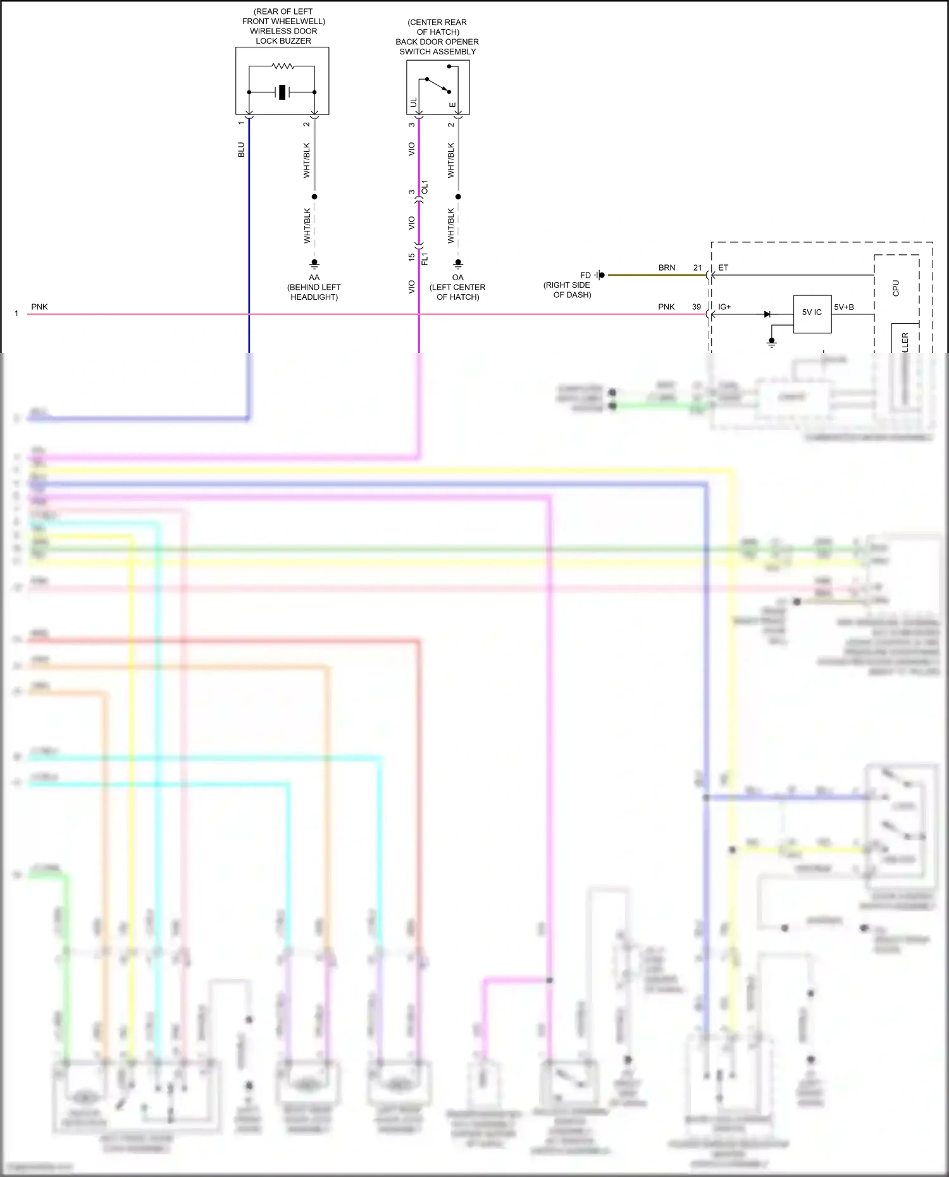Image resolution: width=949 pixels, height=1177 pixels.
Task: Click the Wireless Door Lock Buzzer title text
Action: (x=283, y=26)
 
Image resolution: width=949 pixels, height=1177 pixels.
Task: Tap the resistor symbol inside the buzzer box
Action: (x=282, y=66)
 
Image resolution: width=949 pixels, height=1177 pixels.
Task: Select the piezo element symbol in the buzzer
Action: (x=282, y=92)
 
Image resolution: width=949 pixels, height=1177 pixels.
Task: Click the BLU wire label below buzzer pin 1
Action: (x=241, y=150)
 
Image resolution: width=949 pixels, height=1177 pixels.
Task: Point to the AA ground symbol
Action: (x=314, y=264)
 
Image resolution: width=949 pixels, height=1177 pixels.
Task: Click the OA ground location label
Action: (x=457, y=287)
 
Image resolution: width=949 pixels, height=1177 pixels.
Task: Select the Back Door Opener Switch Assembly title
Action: (x=437, y=37)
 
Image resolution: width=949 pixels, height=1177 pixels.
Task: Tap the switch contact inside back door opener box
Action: (x=438, y=84)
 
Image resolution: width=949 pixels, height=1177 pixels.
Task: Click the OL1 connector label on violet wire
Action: (x=425, y=187)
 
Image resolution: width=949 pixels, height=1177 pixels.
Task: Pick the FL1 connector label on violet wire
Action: (x=425, y=258)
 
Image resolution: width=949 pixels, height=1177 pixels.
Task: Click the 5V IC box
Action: (x=812, y=312)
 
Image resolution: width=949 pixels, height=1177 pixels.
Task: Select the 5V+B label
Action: (x=844, y=307)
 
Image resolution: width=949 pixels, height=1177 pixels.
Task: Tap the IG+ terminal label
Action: (x=724, y=307)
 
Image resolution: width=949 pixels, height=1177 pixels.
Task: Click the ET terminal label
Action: (x=723, y=268)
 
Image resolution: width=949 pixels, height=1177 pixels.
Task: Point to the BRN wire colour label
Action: (x=667, y=268)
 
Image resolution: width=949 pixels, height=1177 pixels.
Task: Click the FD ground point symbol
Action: (x=599, y=275)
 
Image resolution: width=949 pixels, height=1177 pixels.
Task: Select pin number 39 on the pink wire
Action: (x=697, y=307)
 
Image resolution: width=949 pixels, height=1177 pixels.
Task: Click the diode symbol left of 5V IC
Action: (x=767, y=314)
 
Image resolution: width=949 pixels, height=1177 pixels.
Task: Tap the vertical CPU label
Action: (x=895, y=288)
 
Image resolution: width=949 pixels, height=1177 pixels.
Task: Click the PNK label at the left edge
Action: (x=39, y=307)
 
